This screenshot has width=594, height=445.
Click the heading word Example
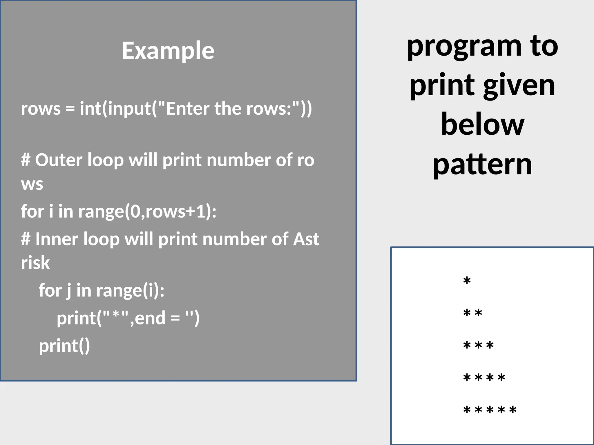coord(168,51)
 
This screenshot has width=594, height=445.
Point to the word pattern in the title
coord(483,165)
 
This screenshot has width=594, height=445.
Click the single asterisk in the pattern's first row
coord(467,281)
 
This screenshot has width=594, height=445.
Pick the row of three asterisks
coord(479,346)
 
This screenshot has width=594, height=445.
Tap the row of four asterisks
coord(484,378)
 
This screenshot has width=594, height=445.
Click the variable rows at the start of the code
coord(41,109)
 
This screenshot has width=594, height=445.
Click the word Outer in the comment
coord(59,160)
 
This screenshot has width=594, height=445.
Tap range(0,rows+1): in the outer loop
coord(147,211)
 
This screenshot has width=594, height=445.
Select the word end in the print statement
coord(150,318)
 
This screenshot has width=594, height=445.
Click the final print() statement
coord(64,346)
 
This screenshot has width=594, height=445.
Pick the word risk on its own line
coord(35,263)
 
